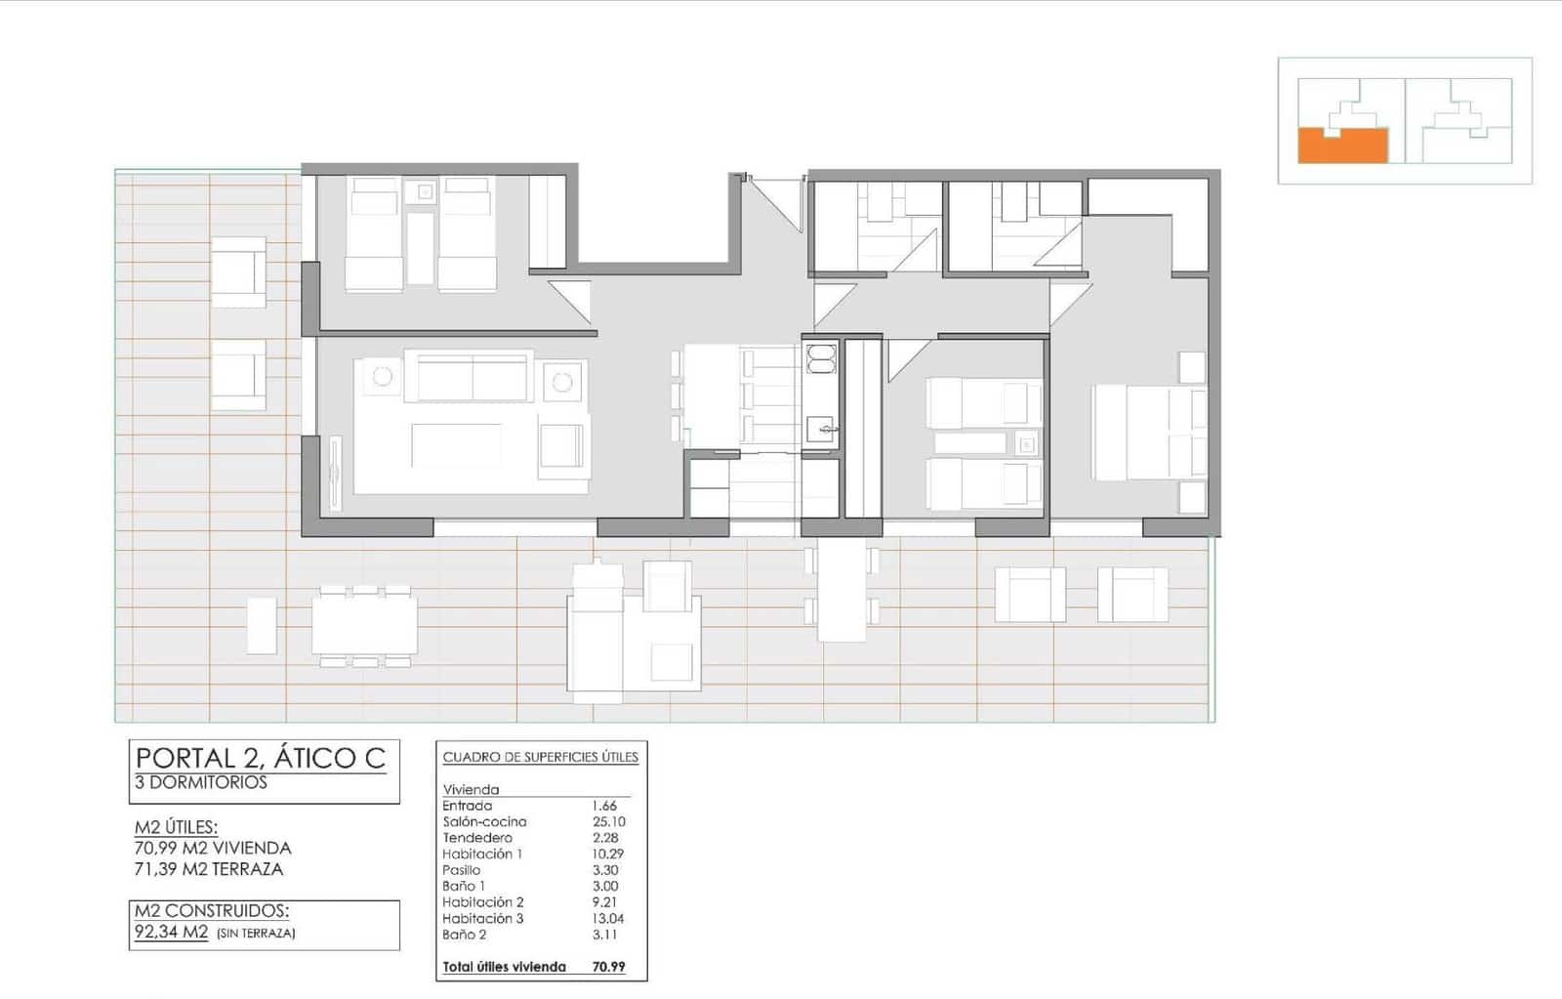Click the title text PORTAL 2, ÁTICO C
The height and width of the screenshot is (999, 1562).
tap(261, 758)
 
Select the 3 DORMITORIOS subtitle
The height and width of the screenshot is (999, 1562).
tap(201, 783)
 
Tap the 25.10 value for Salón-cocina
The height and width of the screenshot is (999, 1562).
tap(608, 822)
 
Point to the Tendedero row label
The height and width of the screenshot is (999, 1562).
tap(477, 838)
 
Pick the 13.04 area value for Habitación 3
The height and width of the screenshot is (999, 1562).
tap(608, 919)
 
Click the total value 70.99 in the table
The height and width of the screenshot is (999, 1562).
tap(608, 967)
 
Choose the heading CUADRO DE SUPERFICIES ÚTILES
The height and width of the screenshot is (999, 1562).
tap(540, 757)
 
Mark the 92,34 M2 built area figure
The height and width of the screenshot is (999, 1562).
tap(172, 932)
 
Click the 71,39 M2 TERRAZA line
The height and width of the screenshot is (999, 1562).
tap(209, 869)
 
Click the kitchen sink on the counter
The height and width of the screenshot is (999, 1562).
tap(821, 428)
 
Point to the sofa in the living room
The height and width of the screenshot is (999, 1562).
tap(473, 377)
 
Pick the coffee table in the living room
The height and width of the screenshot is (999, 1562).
tap(457, 445)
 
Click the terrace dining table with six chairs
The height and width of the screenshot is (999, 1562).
tap(364, 625)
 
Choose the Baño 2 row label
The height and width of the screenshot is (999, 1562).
tap(465, 935)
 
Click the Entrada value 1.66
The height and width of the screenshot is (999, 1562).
tap(604, 806)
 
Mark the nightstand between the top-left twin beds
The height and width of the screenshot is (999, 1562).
tap(424, 192)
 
